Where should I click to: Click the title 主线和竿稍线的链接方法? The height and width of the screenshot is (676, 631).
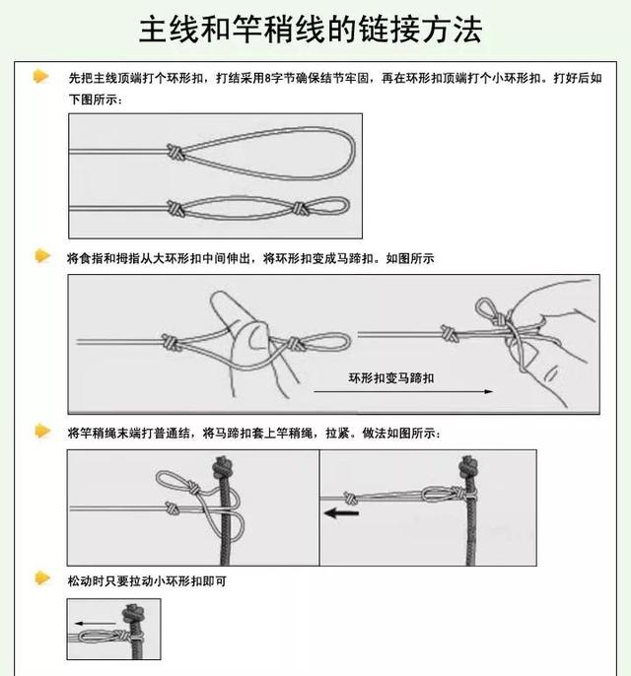point(311,30)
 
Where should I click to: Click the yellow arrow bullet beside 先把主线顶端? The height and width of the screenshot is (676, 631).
point(41,76)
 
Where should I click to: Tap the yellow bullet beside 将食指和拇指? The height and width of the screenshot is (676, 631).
point(42,255)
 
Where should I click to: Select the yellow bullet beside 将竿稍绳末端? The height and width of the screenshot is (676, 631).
point(42,431)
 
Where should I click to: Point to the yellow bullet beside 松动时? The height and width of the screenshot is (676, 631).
point(42,578)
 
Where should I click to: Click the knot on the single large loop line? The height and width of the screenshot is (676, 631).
point(175,152)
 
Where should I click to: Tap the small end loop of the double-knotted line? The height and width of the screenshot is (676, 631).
point(327,206)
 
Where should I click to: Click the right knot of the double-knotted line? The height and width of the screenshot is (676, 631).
point(299,208)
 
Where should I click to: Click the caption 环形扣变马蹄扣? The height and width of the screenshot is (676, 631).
point(391,378)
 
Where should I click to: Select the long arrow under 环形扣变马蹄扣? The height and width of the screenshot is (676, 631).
point(403,391)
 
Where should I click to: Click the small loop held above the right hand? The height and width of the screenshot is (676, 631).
point(485,308)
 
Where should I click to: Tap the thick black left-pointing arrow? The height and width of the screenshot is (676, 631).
point(341,513)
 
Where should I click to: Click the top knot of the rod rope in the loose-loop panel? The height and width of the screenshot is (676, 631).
point(223,467)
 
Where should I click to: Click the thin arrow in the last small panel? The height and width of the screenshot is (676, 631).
point(96,623)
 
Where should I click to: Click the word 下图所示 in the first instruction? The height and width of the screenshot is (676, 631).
point(93,100)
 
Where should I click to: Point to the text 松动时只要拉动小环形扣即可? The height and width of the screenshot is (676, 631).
point(147,581)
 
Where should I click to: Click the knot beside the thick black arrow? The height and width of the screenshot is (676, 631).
point(350,498)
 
